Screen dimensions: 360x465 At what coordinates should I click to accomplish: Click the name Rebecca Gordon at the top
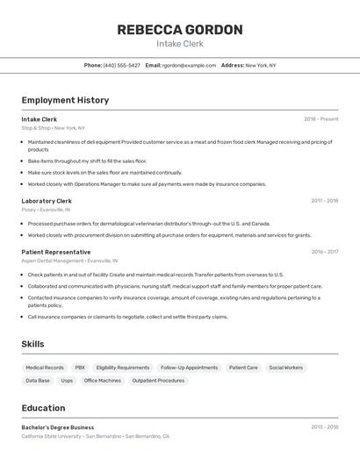[x=180, y=29]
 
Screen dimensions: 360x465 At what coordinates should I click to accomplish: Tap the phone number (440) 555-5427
[x=121, y=65]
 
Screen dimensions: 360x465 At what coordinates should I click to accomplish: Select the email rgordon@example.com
[x=186, y=65]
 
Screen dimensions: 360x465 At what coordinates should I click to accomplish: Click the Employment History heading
[x=65, y=100]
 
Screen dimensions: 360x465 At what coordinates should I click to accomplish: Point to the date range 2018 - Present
[x=321, y=119]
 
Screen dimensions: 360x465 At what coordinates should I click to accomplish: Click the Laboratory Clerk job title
[x=47, y=201]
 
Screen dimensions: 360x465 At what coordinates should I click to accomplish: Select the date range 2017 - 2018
[x=324, y=201]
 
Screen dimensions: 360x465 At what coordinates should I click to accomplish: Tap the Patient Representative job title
[x=56, y=252]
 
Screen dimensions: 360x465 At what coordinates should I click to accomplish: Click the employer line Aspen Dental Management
[x=53, y=261]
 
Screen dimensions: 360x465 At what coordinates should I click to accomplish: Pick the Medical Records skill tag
[x=45, y=368]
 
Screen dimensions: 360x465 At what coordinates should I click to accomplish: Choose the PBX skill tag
[x=80, y=368]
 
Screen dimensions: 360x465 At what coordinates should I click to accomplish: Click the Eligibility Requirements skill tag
[x=123, y=368]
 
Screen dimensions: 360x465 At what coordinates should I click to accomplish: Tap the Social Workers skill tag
[x=286, y=368]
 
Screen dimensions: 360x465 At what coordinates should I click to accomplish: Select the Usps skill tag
[x=67, y=381]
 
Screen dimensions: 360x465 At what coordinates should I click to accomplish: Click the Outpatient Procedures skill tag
[x=158, y=381]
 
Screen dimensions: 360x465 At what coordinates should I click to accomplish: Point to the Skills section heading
[x=32, y=344]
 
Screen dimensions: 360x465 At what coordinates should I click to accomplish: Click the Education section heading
[x=43, y=408]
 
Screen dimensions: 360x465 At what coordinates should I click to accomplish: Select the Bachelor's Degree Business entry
[x=58, y=427]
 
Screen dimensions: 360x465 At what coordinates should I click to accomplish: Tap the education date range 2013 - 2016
[x=324, y=427]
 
